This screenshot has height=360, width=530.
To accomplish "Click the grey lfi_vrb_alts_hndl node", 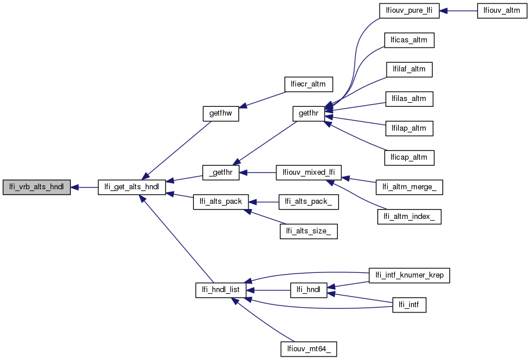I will pos(37,188).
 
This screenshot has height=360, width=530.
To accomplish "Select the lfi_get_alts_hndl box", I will pos(132,188).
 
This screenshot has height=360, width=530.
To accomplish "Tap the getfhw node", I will pos(221,113).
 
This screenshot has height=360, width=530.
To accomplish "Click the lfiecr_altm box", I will pos(308,84).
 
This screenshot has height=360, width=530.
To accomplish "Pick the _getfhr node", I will pos(221,172).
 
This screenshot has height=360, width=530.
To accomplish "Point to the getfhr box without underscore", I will pos(308,113).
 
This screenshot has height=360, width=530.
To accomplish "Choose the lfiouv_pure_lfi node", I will pos(409,11).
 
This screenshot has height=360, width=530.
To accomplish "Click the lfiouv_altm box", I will pos(502,11).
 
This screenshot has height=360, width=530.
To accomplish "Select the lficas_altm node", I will pos(409,40).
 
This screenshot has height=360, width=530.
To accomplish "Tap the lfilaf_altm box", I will pos(409,69).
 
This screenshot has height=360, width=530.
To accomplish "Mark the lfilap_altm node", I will pos(409,127).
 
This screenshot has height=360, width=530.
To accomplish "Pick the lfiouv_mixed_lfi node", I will pos(308,172).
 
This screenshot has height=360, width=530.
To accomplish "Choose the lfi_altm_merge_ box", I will pos(410,188).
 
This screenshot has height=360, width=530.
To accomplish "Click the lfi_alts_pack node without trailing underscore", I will pos(221,201).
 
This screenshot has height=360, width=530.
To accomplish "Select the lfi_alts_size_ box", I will pos(308,231).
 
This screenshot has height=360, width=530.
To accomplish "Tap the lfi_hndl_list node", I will pos(221,290).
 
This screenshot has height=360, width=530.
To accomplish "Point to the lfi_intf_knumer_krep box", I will pos(410,275).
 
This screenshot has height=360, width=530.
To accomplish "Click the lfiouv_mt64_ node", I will pos(308,349).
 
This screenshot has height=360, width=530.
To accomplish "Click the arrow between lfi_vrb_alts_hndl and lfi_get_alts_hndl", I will pos(84,188).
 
